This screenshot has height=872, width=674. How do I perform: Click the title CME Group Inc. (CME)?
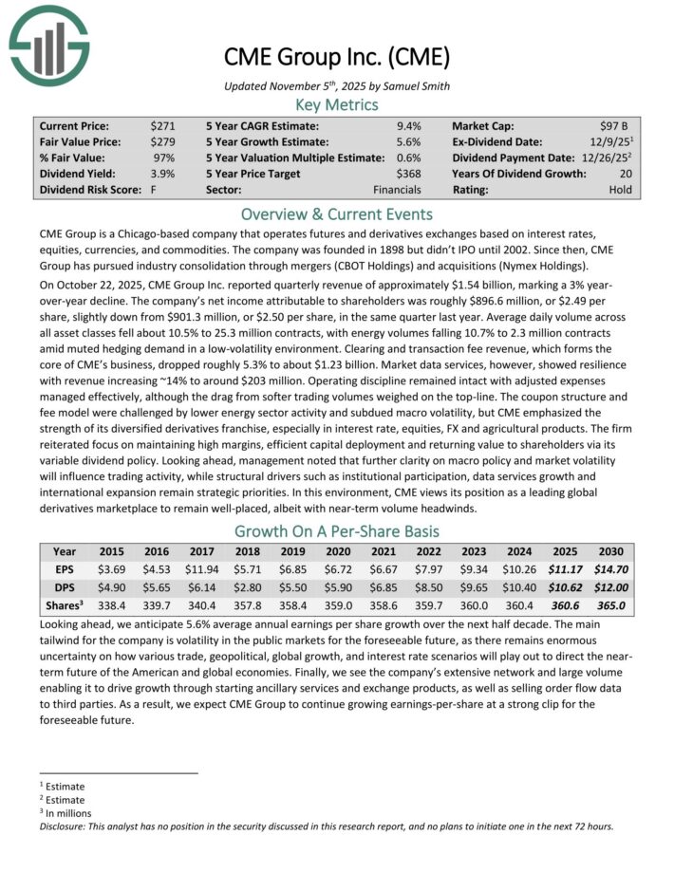pos(337,58)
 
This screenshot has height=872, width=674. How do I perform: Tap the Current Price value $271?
pos(161,125)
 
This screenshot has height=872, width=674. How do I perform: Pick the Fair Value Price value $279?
pos(161,141)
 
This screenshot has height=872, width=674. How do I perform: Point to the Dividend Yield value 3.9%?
pos(162,174)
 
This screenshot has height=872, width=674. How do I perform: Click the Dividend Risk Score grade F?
pos(153,190)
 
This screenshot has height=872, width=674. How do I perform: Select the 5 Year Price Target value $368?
pos(407,174)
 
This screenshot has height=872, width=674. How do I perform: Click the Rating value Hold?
pos(620,190)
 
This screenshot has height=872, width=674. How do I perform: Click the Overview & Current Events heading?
pos(337,213)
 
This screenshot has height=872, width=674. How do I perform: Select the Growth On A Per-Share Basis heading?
pos(337,530)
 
